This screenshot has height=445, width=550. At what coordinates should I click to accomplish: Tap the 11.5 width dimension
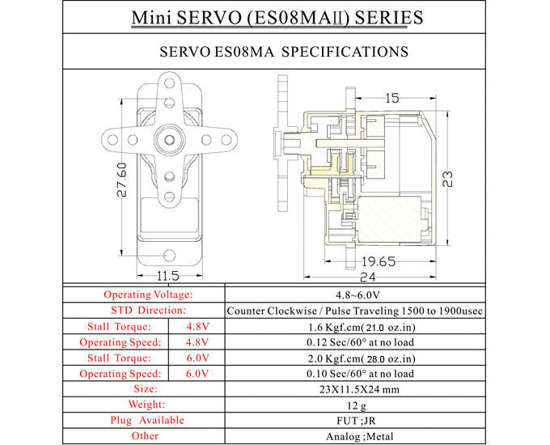click(x=168, y=276)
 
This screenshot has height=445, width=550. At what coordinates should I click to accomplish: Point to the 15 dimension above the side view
click(x=391, y=98)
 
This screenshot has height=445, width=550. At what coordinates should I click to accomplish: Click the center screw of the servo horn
click(x=168, y=139)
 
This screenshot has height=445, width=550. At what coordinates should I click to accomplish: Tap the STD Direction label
click(x=147, y=310)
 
